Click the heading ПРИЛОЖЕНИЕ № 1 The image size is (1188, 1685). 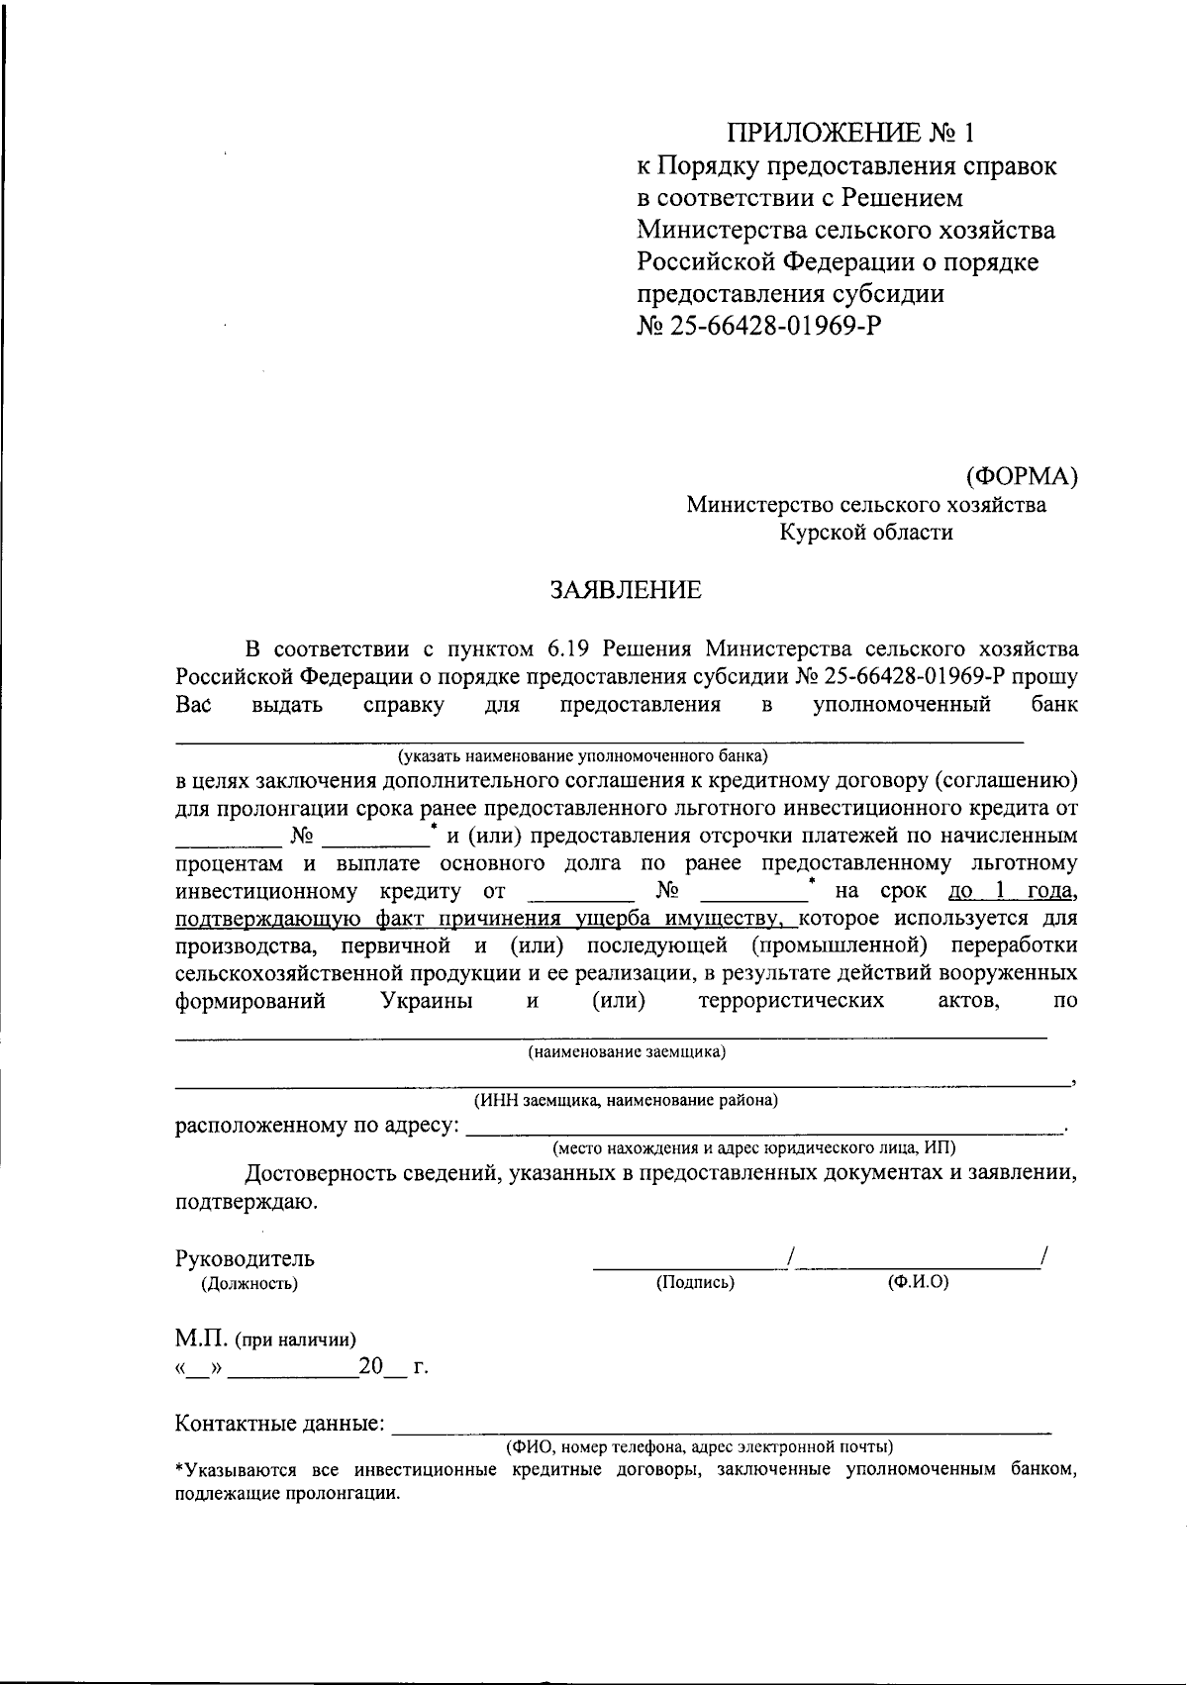point(857,133)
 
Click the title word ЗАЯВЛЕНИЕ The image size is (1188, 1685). point(626,591)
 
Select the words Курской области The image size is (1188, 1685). point(866,533)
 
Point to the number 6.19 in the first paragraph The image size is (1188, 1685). point(567,649)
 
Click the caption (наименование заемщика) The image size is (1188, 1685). point(627,1051)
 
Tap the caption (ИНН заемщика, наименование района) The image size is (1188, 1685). point(626,1100)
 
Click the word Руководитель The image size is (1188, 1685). point(245,1259)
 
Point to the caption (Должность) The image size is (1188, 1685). point(249,1284)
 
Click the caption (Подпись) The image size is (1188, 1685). point(695,1283)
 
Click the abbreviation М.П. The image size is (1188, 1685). point(202,1339)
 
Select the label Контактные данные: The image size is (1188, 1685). point(280,1424)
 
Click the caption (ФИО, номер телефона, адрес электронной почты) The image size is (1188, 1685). point(699,1446)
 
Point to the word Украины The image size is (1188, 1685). point(426,1001)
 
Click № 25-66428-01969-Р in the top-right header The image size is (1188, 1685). point(757,326)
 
